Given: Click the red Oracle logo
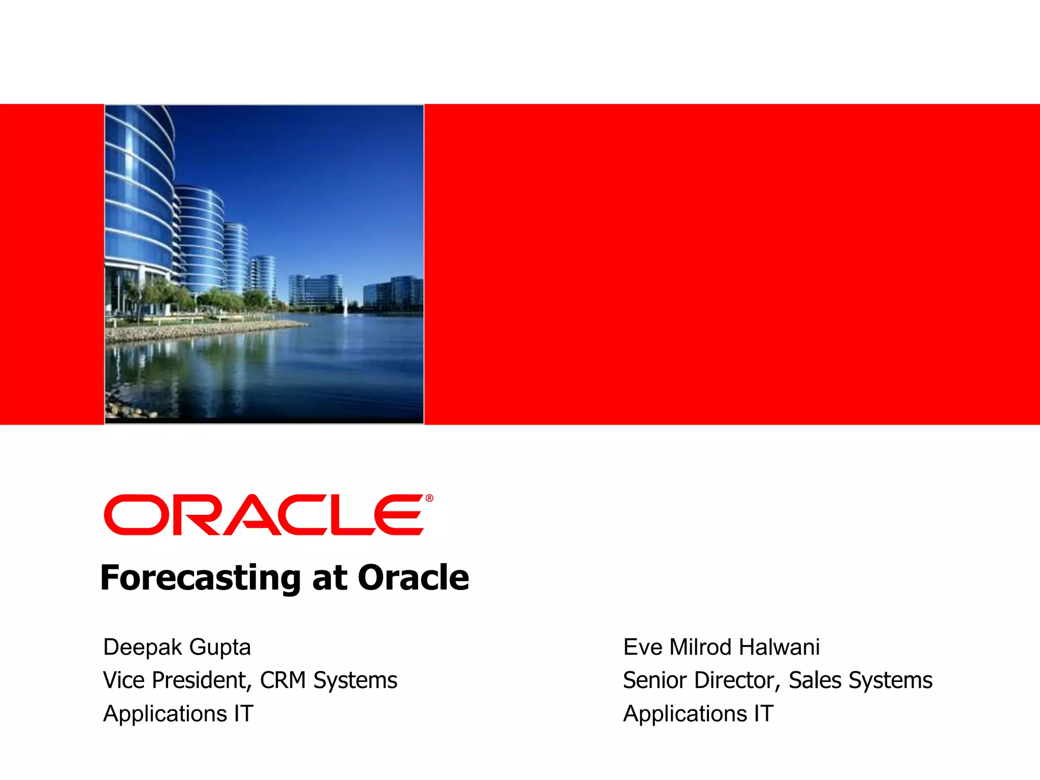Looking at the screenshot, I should [x=264, y=515].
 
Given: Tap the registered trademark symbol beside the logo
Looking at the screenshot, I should [x=430, y=498].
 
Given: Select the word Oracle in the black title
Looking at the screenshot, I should [x=413, y=578].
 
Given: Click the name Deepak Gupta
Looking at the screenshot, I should [x=177, y=647].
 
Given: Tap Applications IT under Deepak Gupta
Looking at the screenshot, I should [x=178, y=713].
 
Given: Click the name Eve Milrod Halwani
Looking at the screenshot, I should [x=721, y=647].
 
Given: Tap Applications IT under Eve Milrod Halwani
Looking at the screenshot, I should [x=698, y=713].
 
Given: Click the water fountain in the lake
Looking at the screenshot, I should [x=345, y=307].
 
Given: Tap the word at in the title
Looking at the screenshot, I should [x=330, y=578].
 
